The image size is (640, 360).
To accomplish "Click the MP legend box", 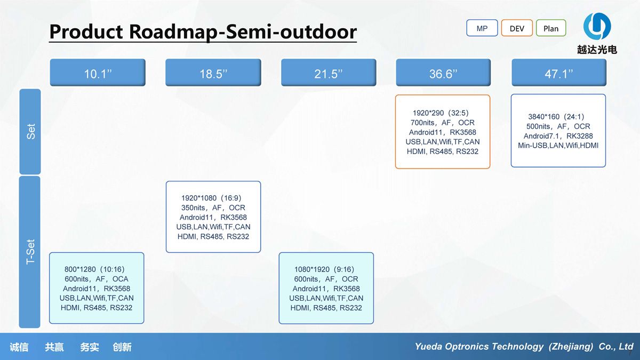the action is click(482, 28).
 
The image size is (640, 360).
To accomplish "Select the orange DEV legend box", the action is click(517, 28).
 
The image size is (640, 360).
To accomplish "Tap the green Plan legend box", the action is click(551, 28).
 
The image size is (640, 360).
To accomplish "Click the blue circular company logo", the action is click(597, 26).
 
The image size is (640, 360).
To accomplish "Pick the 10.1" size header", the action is click(98, 73).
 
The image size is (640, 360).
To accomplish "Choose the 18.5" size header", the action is click(213, 73).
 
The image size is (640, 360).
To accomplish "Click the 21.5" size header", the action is click(329, 73).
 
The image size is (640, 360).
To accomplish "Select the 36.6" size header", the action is click(443, 73).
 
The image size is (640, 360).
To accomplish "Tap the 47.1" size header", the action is click(559, 73).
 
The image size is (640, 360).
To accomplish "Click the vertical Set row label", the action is click(30, 131).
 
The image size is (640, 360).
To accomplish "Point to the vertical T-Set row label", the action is click(30, 252).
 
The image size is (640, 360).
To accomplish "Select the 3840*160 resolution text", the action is click(543, 117).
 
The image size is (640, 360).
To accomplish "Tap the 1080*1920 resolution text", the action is click(310, 269).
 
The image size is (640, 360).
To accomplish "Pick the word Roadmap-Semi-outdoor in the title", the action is click(243, 31).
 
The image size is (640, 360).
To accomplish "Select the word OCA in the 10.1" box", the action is click(121, 279).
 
